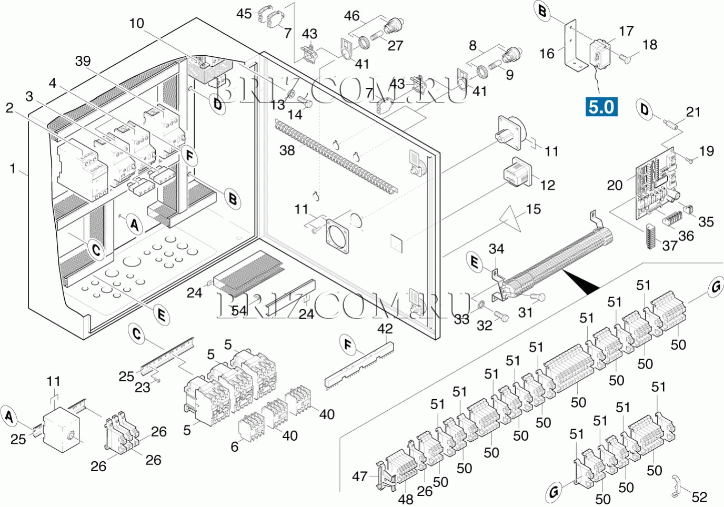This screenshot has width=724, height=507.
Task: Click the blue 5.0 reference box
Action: coord(601,107)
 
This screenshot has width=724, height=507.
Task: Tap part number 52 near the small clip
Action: coord(699,496)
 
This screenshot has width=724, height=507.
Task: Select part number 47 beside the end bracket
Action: coord(359,476)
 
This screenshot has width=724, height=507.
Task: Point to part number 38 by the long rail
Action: coord(287,150)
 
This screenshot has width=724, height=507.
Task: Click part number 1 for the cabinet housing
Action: coord(13,168)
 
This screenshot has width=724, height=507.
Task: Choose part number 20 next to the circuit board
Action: coord(615,185)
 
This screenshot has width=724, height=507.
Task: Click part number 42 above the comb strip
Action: coord(385,329)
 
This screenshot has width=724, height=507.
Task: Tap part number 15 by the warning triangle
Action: coord(533,209)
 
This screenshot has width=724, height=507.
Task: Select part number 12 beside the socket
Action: coord(547,185)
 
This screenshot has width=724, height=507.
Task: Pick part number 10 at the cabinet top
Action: coord(136,23)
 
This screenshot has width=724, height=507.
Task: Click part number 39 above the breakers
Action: coord(83,61)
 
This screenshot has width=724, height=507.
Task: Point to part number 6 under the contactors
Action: coord(235,447)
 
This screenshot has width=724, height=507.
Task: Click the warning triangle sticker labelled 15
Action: coord(510,219)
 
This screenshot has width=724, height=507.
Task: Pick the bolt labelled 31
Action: coord(537,297)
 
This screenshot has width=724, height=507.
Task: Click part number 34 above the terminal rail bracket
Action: coord(496,249)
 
